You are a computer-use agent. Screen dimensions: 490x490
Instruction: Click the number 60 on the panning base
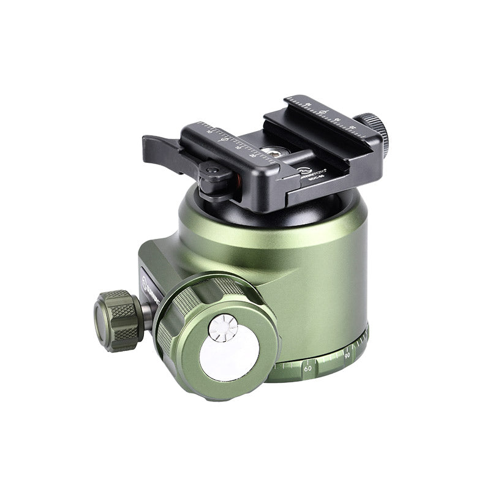coord(307,368)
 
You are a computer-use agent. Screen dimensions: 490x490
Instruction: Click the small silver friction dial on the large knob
coord(222,327)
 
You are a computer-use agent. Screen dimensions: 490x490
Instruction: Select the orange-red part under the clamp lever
coord(235,179)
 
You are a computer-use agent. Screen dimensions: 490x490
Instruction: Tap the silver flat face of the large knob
coord(230,355)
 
